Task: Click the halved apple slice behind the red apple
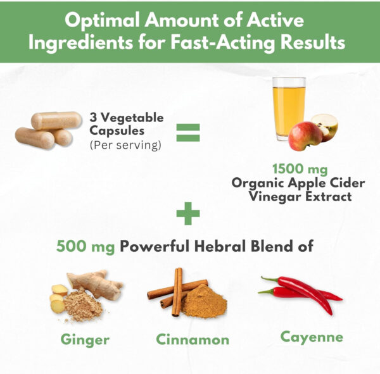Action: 325,127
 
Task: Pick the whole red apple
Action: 305,135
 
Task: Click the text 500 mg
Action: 85,246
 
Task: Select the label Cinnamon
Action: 193,339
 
